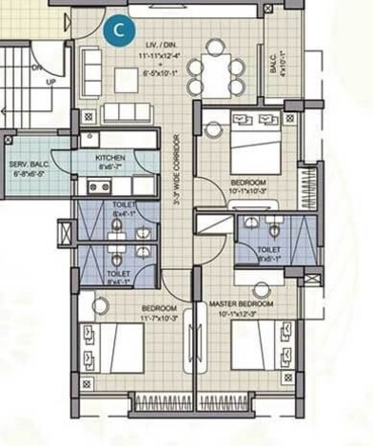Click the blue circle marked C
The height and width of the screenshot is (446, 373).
[x=118, y=29]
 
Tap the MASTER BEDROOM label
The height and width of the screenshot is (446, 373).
[x=242, y=304]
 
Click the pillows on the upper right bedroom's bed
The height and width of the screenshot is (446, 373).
[x=251, y=123]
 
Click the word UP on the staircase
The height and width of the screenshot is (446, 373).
[x=38, y=82]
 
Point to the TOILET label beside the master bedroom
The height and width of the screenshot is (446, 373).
[x=268, y=250]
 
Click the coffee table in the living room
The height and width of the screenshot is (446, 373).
[x=127, y=75]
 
